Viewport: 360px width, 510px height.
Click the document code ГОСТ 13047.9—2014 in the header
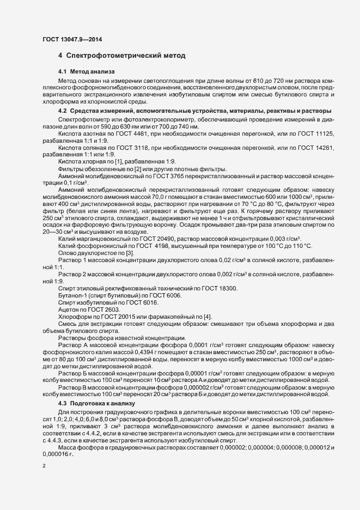click(71, 40)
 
